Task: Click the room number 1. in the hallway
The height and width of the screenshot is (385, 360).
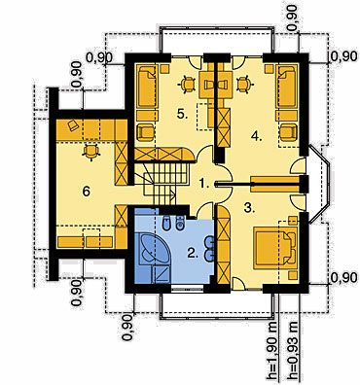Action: pos(204,184)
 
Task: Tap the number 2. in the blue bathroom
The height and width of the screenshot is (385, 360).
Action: pos(193,254)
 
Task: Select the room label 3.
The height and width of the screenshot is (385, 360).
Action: pos(248,208)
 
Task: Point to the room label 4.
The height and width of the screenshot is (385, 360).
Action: pos(256,137)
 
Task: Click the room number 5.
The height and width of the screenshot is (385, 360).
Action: pos(182,114)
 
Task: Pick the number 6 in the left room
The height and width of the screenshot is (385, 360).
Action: pos(86,192)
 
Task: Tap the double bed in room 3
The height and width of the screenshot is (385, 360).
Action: pos(275,248)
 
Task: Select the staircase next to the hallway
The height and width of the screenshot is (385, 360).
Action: pos(160,183)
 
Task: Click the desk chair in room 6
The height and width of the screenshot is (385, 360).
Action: pos(90,152)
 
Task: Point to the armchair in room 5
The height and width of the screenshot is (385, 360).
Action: pos(146,132)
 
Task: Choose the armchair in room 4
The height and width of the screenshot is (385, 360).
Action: pos(288,132)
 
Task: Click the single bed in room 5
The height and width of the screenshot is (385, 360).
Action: pos(148,86)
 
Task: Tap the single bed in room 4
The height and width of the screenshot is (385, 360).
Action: pos(287,86)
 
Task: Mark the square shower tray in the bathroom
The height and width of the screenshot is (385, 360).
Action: pos(162,274)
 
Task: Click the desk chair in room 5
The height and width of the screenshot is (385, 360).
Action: pos(187,85)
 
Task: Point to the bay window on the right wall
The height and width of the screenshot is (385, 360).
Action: pos(318,185)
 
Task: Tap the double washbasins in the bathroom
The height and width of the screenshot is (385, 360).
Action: pos(209,248)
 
